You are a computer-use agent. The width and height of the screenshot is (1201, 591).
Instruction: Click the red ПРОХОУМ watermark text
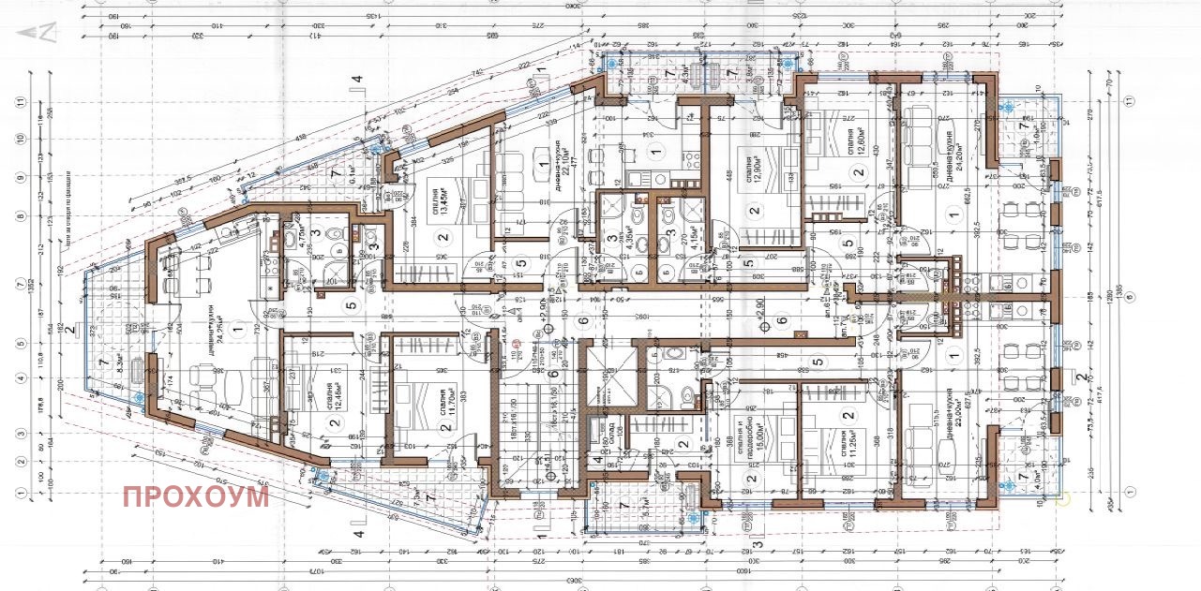(195, 495)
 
